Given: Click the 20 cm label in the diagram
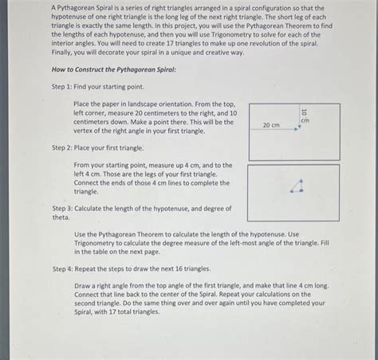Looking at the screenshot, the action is [x=270, y=126].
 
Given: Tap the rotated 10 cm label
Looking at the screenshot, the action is [x=304, y=115].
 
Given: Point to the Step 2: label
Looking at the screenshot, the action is [x=63, y=148].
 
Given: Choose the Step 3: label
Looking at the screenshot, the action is [x=63, y=208].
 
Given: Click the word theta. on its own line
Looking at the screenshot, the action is [x=61, y=217].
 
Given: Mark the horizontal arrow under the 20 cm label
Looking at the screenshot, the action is [x=274, y=133].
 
